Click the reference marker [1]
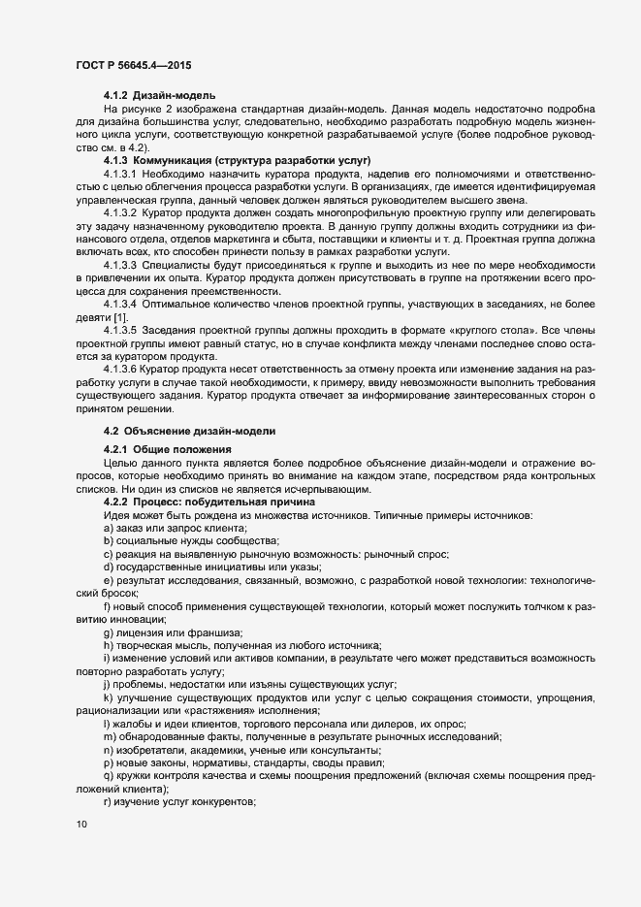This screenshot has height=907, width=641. coord(118,317)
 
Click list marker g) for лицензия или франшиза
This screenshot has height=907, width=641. coord(107,632)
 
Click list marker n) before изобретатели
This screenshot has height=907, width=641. coord(107,750)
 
